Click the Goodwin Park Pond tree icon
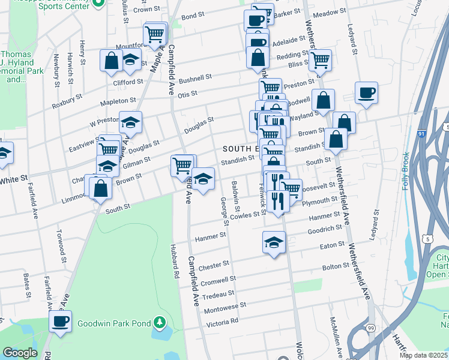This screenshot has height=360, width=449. pos(159,323)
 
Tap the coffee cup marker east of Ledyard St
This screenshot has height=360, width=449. pos(366,93)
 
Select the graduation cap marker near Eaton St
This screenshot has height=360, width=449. pos(274,243)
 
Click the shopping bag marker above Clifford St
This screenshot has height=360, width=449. pos(112,61)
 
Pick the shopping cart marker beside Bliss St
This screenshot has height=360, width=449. pos(321,60)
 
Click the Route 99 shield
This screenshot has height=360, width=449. pos(372,328)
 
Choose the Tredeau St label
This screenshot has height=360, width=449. pos(218,294)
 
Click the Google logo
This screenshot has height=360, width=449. pos(20,353)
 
